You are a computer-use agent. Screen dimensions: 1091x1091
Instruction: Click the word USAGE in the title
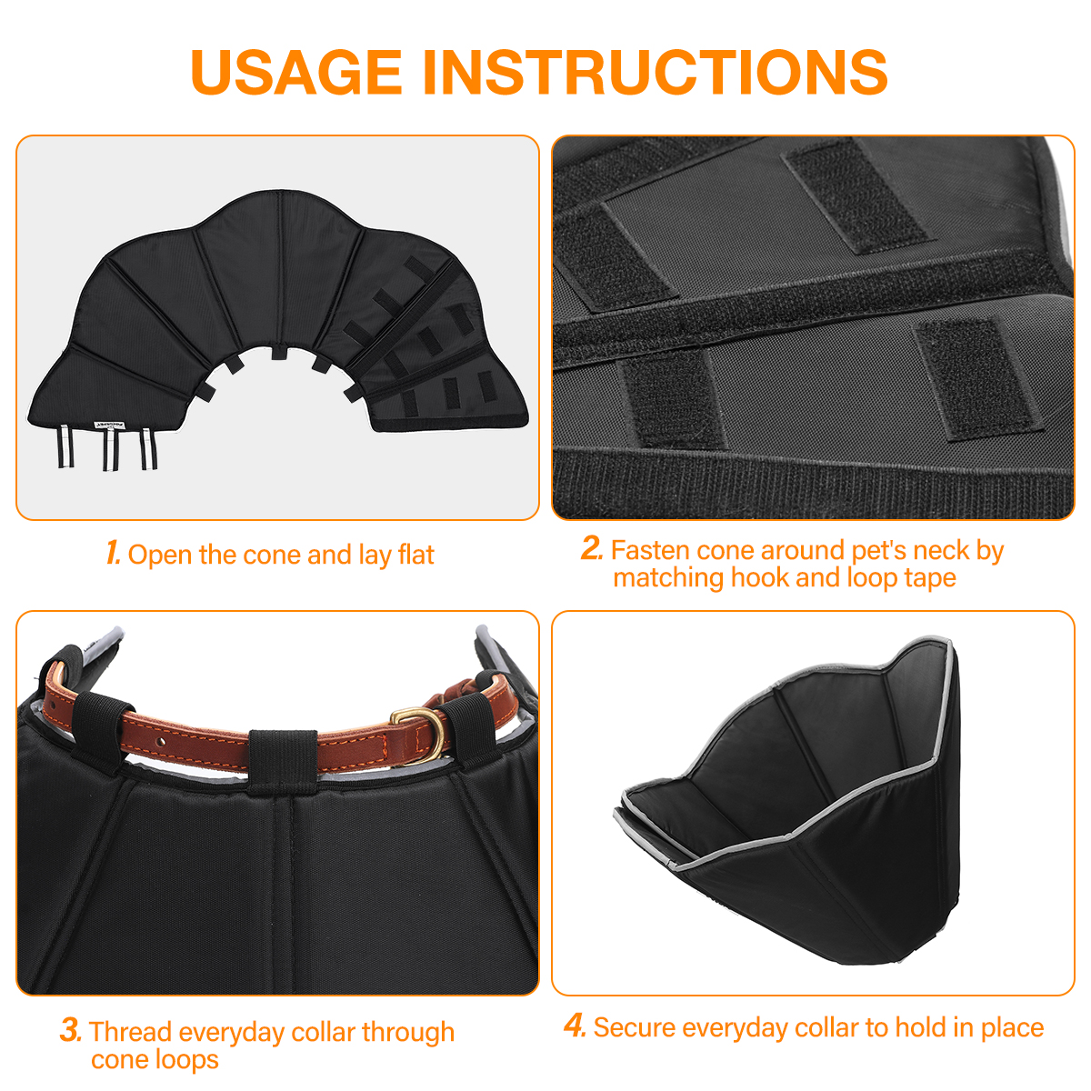pyautogui.click(x=296, y=72)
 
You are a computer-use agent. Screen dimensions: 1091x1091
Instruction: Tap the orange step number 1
pyautogui.click(x=114, y=553)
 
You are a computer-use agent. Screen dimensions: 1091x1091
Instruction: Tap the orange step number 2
pyautogui.click(x=592, y=548)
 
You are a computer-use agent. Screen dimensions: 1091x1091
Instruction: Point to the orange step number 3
pyautogui.click(x=71, y=1030)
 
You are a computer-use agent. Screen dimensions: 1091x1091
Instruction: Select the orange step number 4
pyautogui.click(x=575, y=1026)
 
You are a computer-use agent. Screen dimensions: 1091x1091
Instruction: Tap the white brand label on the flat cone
pyautogui.click(x=111, y=424)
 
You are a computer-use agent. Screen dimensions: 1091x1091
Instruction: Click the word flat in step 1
pyautogui.click(x=416, y=555)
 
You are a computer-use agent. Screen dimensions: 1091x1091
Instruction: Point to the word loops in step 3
pyautogui.click(x=186, y=1060)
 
